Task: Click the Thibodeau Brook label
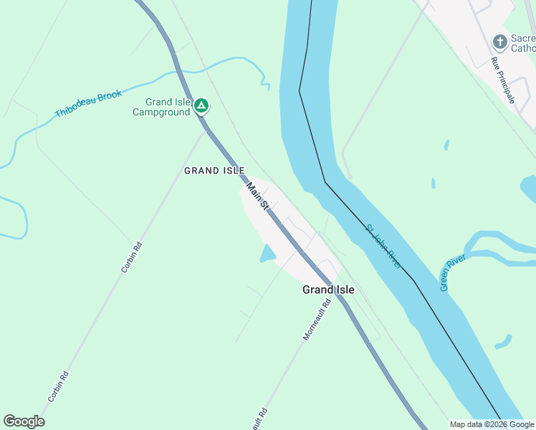(88, 104)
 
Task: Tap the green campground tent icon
(202, 107)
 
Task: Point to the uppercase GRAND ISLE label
(214, 171)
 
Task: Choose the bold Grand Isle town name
(328, 290)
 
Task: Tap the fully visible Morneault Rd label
(316, 318)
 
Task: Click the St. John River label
(383, 247)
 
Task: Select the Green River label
(453, 272)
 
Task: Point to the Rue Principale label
(503, 80)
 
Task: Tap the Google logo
(24, 421)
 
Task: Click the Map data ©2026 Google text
(492, 424)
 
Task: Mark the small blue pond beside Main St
(267, 253)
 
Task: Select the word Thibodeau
(75, 109)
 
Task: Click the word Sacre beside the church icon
(522, 38)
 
